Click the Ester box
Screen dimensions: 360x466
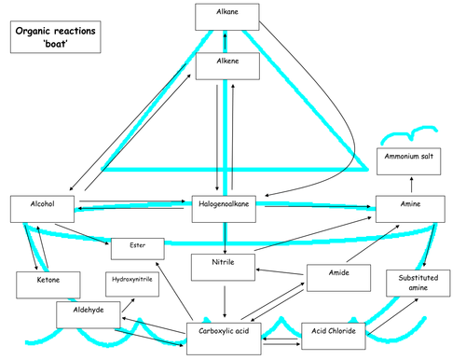(x=137, y=248)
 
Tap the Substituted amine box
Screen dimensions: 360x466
(x=418, y=284)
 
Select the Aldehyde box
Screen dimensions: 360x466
(x=87, y=314)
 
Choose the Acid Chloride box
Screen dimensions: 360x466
(x=334, y=332)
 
